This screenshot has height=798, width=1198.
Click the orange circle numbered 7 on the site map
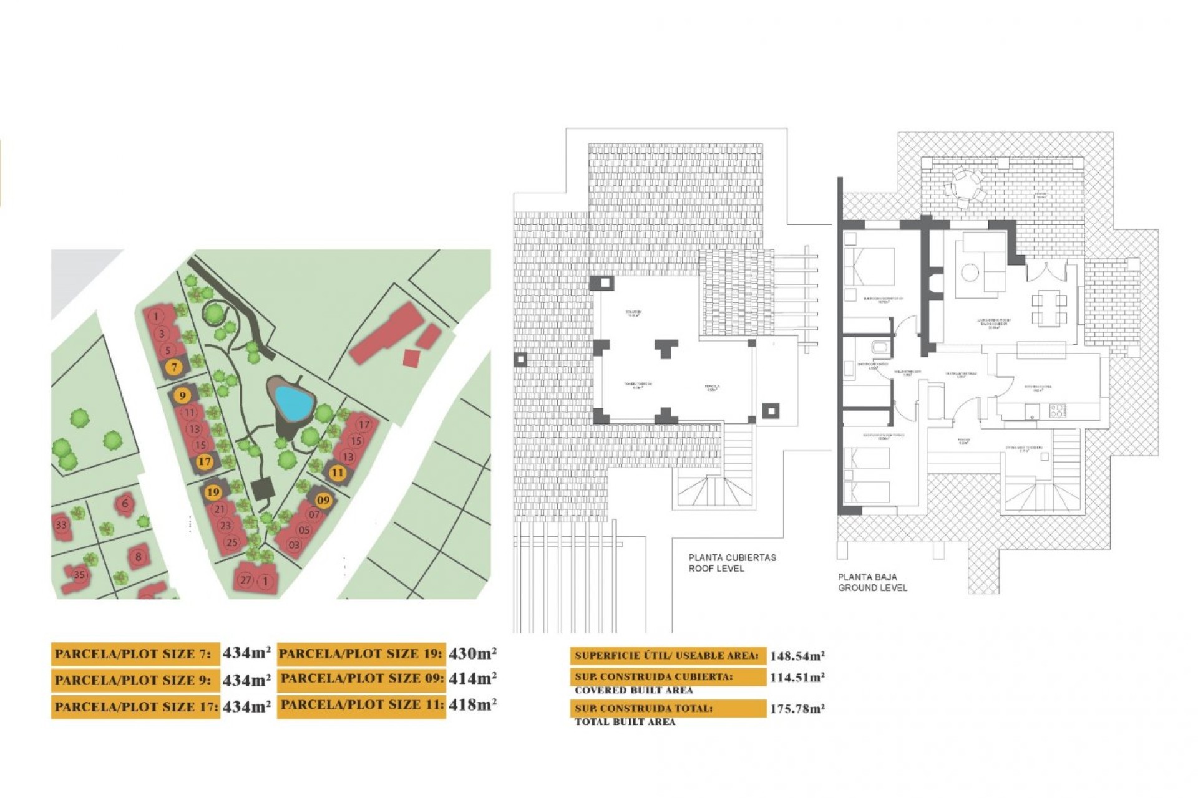pyautogui.click(x=175, y=367)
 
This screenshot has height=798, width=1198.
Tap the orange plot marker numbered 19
pyautogui.click(x=213, y=492)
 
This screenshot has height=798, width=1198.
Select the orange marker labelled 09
pyautogui.click(x=323, y=499)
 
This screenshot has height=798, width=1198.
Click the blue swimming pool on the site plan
pyautogui.click(x=293, y=402)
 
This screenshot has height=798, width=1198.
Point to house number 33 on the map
pyautogui.click(x=61, y=525)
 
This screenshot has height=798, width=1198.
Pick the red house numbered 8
pyautogui.click(x=138, y=557)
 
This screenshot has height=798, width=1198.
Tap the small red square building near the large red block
pyautogui.click(x=411, y=358)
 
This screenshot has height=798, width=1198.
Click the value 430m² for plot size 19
pyautogui.click(x=472, y=653)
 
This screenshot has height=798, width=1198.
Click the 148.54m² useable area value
pyautogui.click(x=797, y=656)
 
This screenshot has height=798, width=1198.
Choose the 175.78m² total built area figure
pyautogui.click(x=797, y=709)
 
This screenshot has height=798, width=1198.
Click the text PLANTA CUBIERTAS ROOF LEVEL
pyautogui.click(x=732, y=563)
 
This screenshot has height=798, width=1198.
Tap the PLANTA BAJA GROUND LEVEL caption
pyautogui.click(x=872, y=582)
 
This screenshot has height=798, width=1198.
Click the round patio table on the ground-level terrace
pyautogui.click(x=966, y=185)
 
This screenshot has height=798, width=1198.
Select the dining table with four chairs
pyautogui.click(x=1049, y=309)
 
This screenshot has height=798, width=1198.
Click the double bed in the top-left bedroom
pyautogui.click(x=870, y=266)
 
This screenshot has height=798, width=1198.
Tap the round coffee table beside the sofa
pyautogui.click(x=970, y=272)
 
